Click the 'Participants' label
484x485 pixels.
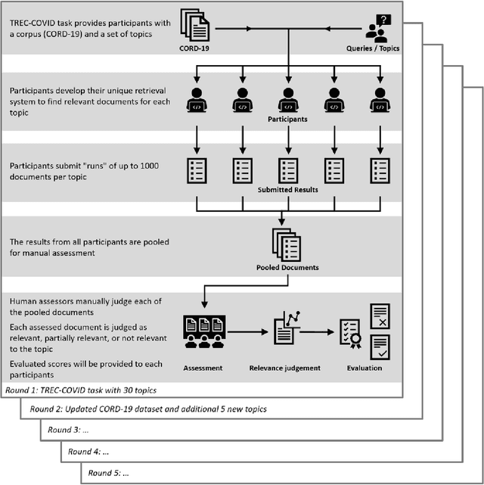(287, 119)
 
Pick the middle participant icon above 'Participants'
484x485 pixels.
(287, 99)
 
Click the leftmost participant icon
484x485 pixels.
(196, 99)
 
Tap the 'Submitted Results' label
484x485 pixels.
(287, 189)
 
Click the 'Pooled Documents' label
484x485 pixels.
(287, 267)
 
